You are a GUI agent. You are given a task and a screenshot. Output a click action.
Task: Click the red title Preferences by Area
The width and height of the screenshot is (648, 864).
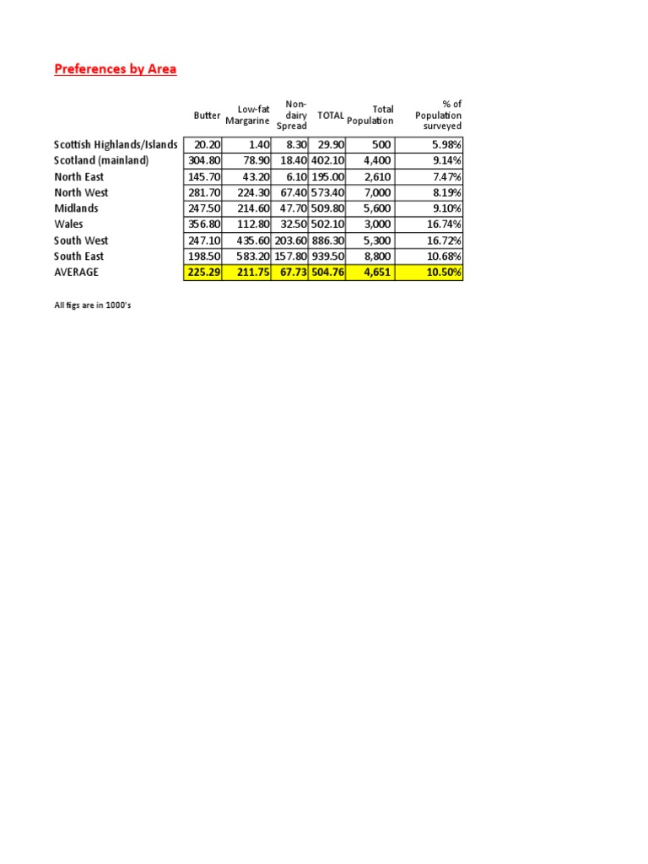click(x=116, y=69)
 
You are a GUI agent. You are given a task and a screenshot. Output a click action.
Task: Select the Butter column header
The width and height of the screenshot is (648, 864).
click(x=207, y=116)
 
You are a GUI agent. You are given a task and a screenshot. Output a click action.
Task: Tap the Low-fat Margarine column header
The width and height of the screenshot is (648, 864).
click(x=247, y=116)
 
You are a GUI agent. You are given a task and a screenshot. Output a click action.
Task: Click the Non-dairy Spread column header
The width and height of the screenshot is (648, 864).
click(x=292, y=116)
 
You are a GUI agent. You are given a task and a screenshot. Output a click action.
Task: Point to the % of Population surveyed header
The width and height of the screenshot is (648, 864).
click(x=439, y=116)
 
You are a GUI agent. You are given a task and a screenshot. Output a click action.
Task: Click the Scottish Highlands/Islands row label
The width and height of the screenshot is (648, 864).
click(x=116, y=145)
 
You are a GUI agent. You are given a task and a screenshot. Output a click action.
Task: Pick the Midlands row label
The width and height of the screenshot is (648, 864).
click(x=76, y=208)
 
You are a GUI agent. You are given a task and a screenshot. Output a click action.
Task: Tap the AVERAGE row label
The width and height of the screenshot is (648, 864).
click(x=76, y=273)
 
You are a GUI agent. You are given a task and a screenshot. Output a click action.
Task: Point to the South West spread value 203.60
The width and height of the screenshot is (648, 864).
click(x=291, y=240)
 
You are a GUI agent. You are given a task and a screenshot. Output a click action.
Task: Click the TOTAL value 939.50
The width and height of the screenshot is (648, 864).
click(x=328, y=256)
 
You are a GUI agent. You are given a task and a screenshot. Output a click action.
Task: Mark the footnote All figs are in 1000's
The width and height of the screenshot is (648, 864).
click(x=92, y=305)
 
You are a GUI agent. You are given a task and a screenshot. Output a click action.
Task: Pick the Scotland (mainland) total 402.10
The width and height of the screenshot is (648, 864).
click(x=328, y=161)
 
